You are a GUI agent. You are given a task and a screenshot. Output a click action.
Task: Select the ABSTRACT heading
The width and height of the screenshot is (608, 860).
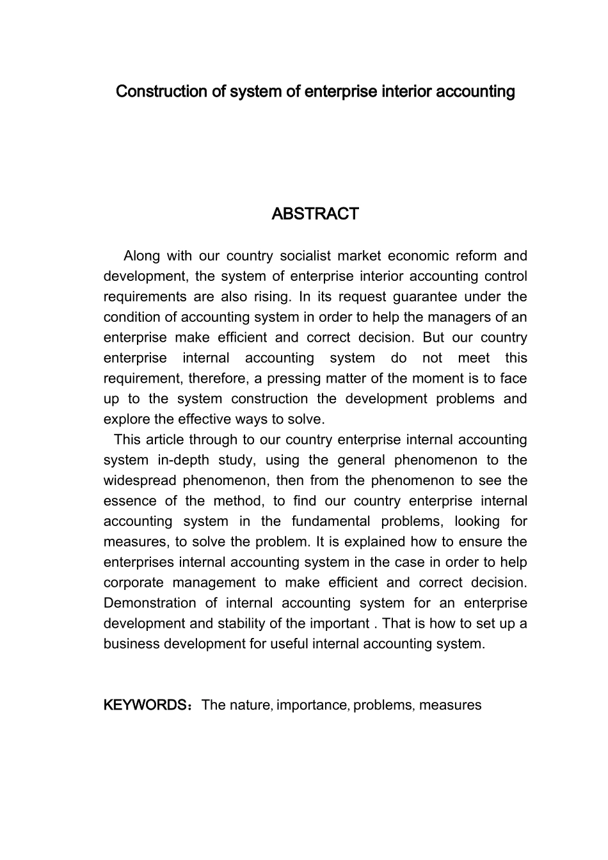tap(315, 214)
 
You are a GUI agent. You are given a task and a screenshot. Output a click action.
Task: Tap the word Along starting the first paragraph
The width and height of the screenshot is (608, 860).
tap(141, 256)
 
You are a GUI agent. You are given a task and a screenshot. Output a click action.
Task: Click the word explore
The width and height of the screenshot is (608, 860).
tap(125, 419)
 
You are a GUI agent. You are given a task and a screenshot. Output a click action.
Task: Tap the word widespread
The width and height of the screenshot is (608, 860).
tap(139, 481)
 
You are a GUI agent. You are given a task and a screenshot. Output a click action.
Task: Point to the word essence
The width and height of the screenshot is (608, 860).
tap(130, 501)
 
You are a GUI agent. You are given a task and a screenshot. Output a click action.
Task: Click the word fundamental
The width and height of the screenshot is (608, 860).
tap(331, 522)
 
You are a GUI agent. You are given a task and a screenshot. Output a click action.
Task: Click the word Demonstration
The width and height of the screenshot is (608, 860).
tap(150, 603)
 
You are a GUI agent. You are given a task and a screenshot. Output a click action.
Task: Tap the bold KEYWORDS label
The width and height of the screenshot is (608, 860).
tap(145, 705)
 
